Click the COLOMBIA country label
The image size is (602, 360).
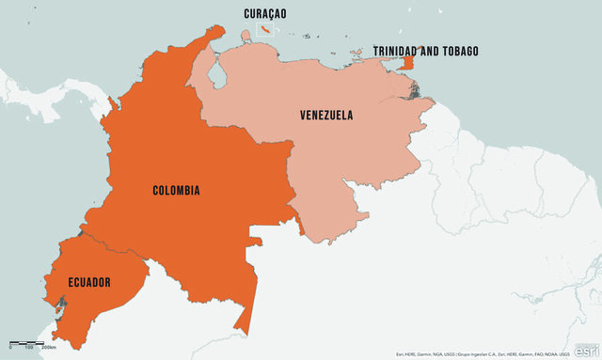click(176, 191)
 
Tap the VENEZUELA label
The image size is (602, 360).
click(326, 116)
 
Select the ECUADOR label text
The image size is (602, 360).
click(89, 282)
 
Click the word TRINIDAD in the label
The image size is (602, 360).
click(404, 51)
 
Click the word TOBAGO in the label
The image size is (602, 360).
click(458, 51)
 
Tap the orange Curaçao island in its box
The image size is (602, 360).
click(267, 31)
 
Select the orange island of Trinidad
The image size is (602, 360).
click(407, 63)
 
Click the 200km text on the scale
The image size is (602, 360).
click(48, 349)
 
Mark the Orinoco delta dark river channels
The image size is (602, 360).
click(415, 90)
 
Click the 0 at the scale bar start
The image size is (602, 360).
click(10, 349)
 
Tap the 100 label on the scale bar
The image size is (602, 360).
click(29, 349)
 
